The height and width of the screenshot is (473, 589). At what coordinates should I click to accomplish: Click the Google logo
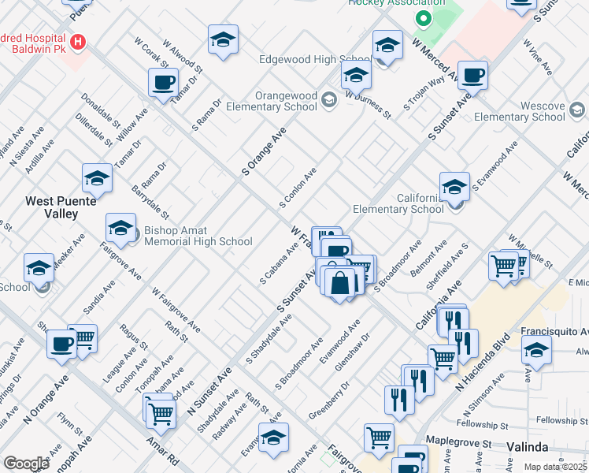click(x=26, y=464)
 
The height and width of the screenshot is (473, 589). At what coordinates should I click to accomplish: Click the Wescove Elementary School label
click(x=520, y=111)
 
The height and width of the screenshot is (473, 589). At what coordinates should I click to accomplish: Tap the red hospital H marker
click(x=78, y=41)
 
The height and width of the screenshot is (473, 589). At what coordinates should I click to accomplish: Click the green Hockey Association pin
click(x=423, y=18)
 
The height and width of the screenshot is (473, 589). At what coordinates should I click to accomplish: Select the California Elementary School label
click(x=398, y=203)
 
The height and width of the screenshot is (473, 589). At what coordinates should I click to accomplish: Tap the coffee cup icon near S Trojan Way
click(x=472, y=75)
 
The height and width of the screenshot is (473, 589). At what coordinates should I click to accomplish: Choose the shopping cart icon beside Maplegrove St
click(x=380, y=438)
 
